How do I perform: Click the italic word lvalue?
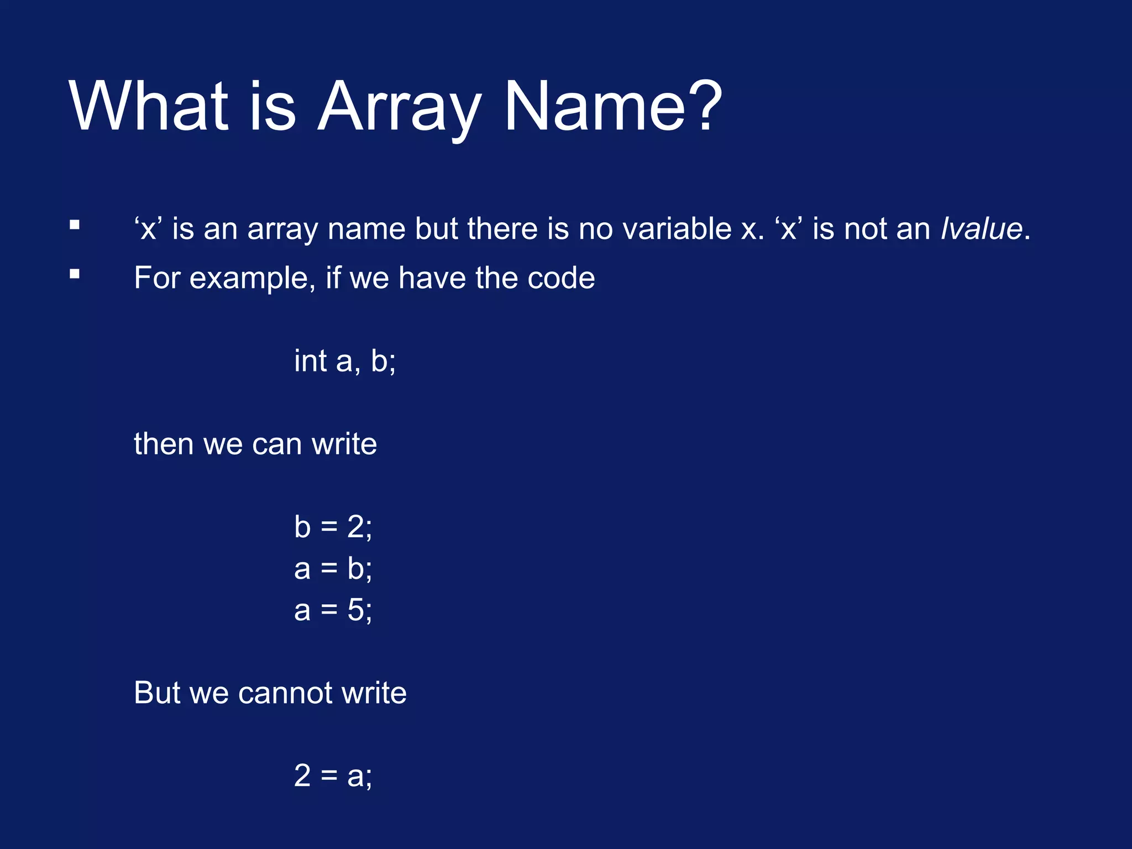(981, 229)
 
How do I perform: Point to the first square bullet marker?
(75, 225)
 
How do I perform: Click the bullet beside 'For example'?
(75, 274)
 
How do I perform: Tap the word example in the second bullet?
(252, 278)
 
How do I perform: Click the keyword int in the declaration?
(310, 361)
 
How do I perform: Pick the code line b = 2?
(333, 527)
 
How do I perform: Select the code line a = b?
(333, 569)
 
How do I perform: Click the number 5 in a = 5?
(356, 611)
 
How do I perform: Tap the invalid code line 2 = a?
(333, 775)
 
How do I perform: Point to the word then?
(164, 444)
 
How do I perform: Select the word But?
(157, 693)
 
